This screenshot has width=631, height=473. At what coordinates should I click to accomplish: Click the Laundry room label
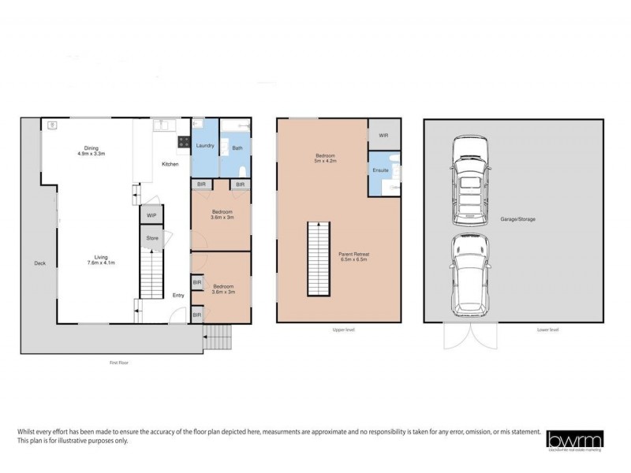(205, 145)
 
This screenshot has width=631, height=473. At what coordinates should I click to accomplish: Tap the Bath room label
(237, 148)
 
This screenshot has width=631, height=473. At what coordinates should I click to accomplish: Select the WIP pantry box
(151, 214)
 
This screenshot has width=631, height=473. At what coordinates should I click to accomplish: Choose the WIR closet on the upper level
(383, 136)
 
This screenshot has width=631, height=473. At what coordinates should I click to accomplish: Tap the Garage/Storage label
(517, 218)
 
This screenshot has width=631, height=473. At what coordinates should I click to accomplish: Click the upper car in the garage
(470, 178)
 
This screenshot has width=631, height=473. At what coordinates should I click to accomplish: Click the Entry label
(179, 296)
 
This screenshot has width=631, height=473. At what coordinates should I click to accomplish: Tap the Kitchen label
(170, 164)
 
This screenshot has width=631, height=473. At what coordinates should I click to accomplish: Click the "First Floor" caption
(118, 363)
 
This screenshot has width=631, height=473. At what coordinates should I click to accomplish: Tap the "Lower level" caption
(541, 330)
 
